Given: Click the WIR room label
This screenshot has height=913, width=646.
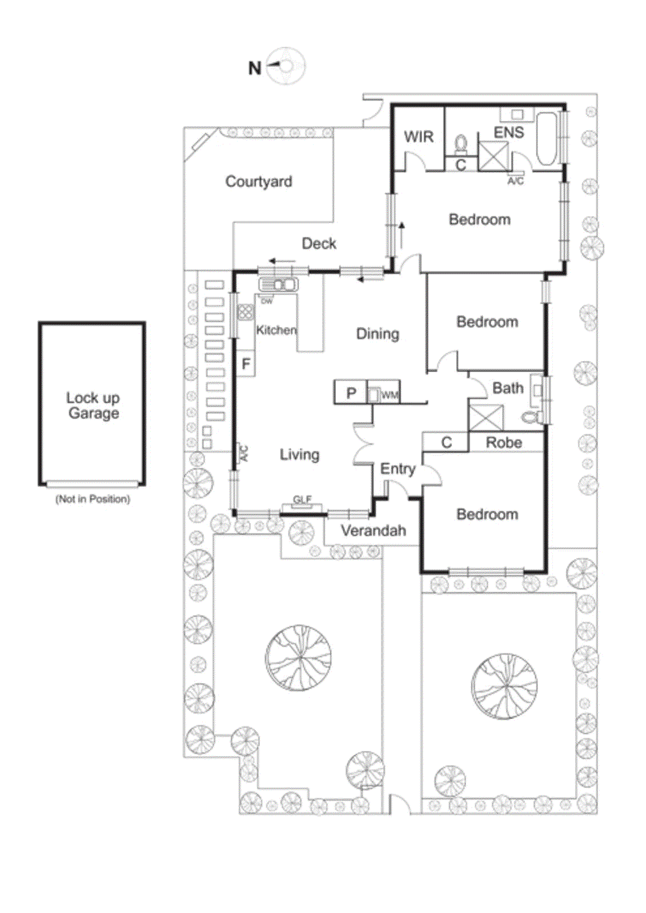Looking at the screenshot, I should coord(419,137).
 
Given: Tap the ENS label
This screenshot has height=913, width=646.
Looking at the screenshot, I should coord(508,133).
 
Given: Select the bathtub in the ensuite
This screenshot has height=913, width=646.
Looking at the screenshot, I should coord(547,139).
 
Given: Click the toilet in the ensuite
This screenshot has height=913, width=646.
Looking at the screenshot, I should coord(461,144).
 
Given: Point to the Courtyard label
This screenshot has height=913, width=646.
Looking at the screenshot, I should coord(259,181).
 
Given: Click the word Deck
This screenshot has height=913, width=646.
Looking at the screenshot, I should coord(319,244).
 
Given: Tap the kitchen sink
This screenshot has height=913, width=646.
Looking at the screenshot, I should coord(278,284).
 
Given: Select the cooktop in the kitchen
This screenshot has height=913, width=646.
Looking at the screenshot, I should coord(246,312).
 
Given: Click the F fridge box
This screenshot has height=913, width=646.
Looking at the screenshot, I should coord(246,363).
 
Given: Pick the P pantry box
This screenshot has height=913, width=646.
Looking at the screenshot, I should coord(351,393).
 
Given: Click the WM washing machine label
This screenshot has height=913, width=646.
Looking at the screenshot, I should coord(390,395).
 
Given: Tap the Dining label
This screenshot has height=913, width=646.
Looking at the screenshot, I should coord(377,334).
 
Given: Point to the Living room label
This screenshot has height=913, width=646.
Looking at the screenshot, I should coord(299,455).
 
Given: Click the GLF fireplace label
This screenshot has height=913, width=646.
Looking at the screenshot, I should coord(302,500).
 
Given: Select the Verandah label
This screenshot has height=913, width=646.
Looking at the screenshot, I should coord(373,531).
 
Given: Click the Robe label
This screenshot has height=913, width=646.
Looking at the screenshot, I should coord(503,442).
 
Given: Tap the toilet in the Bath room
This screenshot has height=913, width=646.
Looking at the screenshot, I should coord(533,417).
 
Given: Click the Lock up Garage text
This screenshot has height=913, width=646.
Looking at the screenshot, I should coord(93,405).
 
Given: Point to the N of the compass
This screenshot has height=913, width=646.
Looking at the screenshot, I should coord(255,68).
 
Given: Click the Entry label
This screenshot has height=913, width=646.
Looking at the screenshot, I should coord(398,469).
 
